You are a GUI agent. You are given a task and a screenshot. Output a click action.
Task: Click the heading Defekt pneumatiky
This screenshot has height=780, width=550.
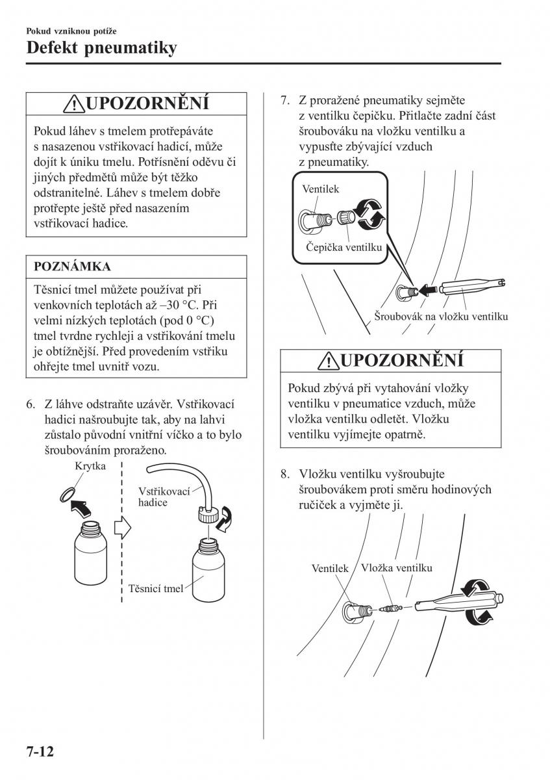101,48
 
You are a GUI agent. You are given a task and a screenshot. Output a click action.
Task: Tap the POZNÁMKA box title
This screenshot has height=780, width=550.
72,266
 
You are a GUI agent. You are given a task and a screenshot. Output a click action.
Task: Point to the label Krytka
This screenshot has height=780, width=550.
90,467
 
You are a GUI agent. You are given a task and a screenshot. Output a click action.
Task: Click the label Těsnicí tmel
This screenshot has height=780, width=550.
156,589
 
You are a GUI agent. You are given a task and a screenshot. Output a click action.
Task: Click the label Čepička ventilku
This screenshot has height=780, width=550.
344,247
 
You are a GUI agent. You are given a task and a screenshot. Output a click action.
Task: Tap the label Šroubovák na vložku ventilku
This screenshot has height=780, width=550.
441,317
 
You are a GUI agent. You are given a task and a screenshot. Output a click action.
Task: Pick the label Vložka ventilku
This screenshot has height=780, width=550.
397,567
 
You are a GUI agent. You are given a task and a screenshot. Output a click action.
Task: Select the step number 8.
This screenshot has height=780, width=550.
284,474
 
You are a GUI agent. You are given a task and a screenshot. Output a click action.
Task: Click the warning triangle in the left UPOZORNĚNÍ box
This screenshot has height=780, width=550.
75,104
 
